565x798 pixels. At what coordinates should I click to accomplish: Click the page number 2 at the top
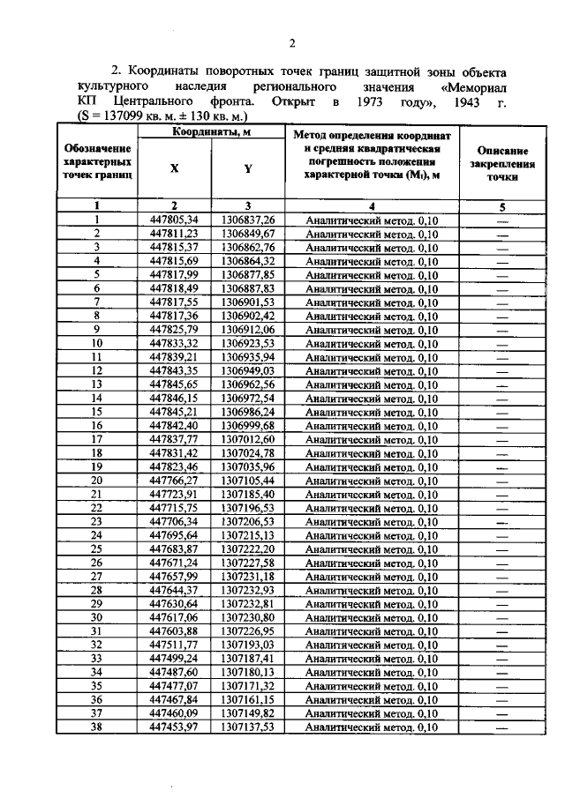pos(290,44)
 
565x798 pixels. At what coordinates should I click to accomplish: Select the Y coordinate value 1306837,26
pos(248,220)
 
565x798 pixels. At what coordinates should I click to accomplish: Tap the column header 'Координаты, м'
pos(210,132)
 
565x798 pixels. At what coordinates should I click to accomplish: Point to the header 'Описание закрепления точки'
pos(501,163)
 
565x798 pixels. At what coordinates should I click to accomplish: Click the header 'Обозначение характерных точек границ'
pos(98,163)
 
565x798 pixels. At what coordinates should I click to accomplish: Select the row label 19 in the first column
pos(97,466)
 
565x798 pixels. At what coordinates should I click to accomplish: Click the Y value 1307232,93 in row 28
pos(248,590)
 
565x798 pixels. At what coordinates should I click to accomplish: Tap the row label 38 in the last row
pos(97,727)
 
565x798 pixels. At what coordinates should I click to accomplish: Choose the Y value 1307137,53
pos(248,727)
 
